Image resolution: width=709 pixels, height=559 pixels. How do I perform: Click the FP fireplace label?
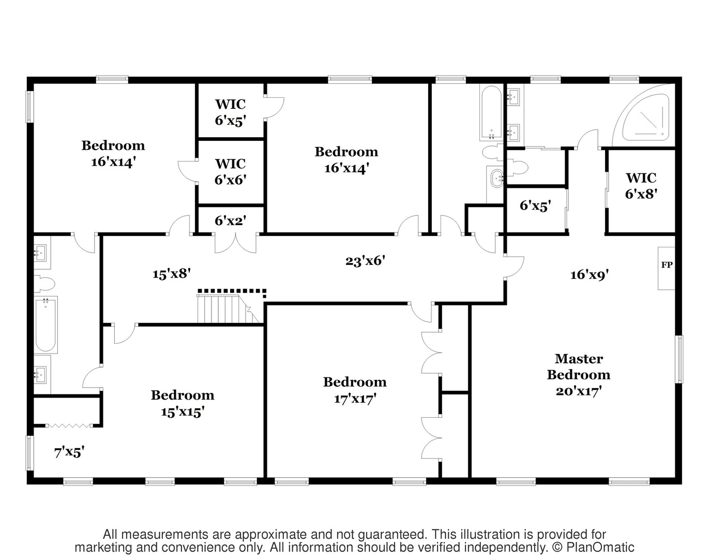coord(667,265)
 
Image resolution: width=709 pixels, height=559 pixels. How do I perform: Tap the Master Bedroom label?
coord(579,375)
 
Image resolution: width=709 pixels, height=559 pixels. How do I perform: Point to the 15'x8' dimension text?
coord(172,274)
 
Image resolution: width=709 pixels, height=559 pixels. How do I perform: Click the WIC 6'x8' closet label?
coord(641,186)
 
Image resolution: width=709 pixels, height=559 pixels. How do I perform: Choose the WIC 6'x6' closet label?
coord(230,172)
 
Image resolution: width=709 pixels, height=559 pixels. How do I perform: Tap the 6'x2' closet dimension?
coord(230,220)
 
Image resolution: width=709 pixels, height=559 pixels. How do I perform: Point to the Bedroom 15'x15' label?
coord(183,403)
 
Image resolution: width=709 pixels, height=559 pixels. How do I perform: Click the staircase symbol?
coord(228,309)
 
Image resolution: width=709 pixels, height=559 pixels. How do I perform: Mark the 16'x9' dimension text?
coord(590,274)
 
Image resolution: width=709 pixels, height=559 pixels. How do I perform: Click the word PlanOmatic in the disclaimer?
coord(600,548)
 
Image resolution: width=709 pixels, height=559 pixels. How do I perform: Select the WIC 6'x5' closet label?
coord(230,112)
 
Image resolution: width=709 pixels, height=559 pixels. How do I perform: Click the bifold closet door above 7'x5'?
coord(69,426)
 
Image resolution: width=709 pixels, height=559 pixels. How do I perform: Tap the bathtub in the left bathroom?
coord(46,324)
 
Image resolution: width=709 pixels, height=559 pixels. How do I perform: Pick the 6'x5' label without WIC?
coord(535,206)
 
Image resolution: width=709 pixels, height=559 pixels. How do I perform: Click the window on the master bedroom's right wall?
coord(679,360)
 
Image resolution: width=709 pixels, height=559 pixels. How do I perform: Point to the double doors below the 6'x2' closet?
coord(236,243)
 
